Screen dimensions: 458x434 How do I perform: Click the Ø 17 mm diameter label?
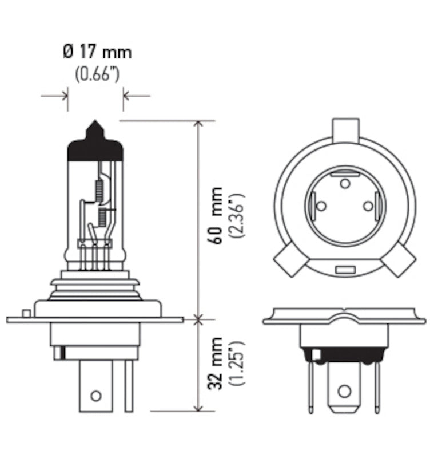(97, 53)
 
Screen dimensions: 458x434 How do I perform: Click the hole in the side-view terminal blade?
(96, 395)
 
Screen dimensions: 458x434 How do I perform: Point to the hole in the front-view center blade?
(343, 391)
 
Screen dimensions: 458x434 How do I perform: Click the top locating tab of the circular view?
(345, 129)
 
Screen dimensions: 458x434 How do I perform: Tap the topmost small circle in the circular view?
(345, 183)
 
